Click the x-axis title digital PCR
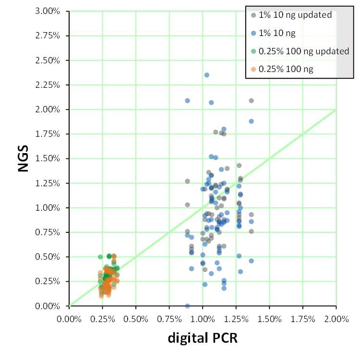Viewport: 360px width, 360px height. click(202, 338)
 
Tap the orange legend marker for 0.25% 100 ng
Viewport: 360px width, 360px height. click(252, 69)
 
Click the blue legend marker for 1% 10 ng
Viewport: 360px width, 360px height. click(252, 33)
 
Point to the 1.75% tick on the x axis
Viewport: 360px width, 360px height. click(302, 318)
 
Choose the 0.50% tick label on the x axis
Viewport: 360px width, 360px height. click(136, 318)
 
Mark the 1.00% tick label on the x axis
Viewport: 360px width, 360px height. click(203, 318)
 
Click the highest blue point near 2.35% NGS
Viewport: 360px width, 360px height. click(207, 75)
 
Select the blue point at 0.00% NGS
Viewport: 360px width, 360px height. click(187, 306)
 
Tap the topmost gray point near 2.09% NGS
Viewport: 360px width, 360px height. click(251, 100)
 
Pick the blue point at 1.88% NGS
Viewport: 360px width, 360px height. click(251, 121)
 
